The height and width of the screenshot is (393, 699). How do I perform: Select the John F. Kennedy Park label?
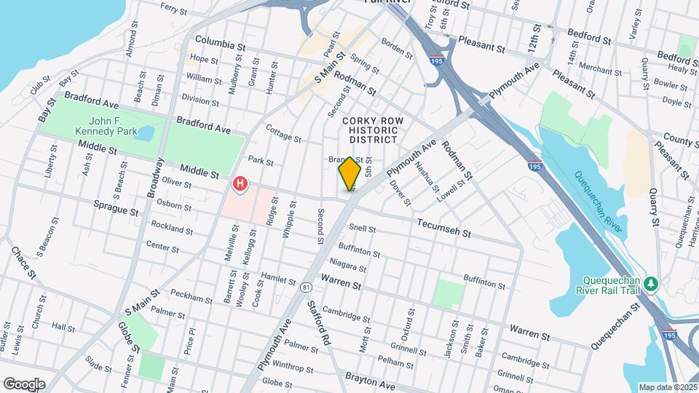(104, 126)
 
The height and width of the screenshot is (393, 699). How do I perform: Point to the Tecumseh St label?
(445, 229)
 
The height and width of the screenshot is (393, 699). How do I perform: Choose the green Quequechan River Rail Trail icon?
(654, 282)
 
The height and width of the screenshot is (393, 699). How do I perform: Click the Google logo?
(23, 384)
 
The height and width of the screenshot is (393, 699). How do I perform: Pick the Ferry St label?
(174, 9)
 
